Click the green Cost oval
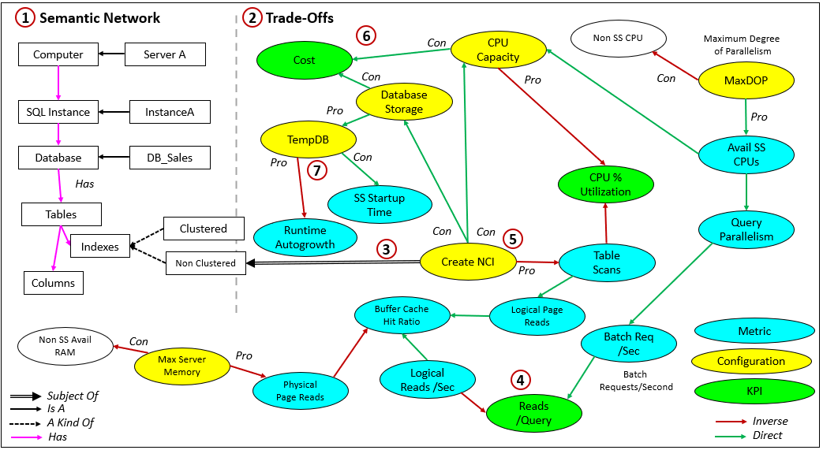point(304,60)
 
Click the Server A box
point(164,54)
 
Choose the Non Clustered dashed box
point(205,263)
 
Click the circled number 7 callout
point(317,169)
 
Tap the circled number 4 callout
point(519,380)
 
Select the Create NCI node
point(468,262)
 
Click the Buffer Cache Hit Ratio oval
point(402,315)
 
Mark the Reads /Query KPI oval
point(534,413)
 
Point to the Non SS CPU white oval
point(619,37)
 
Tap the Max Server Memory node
point(181,366)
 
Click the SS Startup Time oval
point(380,205)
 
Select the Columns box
point(54,283)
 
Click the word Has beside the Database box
point(84,183)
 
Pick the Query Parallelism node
point(746,229)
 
